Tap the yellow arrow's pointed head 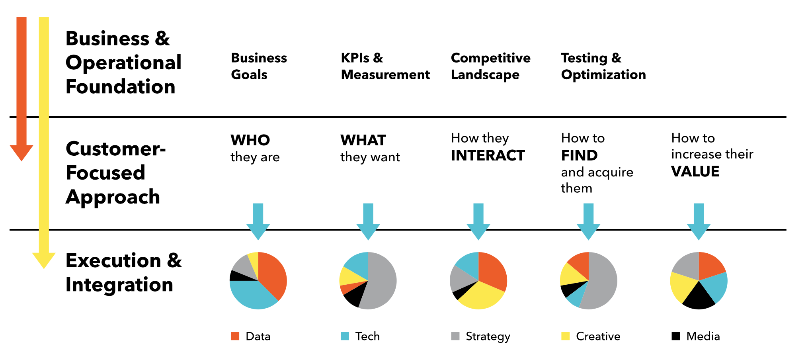[x=44, y=268]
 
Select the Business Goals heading [x=259, y=66]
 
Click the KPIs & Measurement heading [x=385, y=66]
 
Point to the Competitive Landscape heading [x=490, y=66]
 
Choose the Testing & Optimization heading [x=603, y=66]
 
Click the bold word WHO [x=250, y=140]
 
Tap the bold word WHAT [x=363, y=140]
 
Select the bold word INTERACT [x=488, y=155]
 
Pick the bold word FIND [x=580, y=155]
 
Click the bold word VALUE [x=695, y=172]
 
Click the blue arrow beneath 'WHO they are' [x=258, y=221]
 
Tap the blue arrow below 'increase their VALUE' [x=699, y=221]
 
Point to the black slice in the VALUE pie [x=699, y=298]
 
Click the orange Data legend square [x=235, y=336]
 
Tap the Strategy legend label [x=488, y=337]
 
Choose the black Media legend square [x=676, y=336]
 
